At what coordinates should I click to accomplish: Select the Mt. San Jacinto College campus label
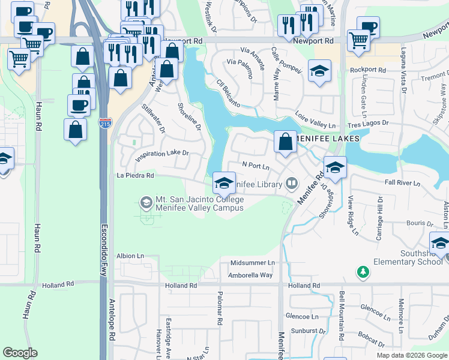tap(200, 203)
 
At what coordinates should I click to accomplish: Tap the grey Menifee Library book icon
tap(292, 182)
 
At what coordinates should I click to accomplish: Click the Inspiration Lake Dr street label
tap(162, 155)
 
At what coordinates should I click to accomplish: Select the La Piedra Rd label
tap(135, 176)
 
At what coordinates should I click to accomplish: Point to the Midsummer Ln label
tap(252, 263)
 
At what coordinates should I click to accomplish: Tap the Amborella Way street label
tap(250, 275)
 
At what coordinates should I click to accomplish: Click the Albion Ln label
tap(130, 256)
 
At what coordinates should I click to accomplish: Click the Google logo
tap(20, 353)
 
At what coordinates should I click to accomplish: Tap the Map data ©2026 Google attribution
tap(412, 355)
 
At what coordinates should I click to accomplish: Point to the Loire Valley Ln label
tap(315, 120)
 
